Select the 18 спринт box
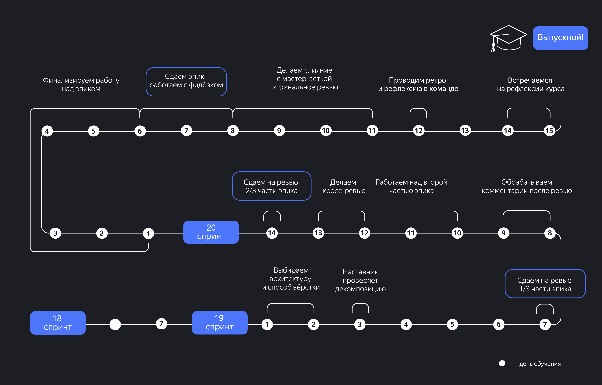[x=58, y=323]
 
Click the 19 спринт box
[x=220, y=322]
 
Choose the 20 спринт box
[x=211, y=232]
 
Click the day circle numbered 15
[x=549, y=131]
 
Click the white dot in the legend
[x=502, y=363]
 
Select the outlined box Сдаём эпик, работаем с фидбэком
[x=186, y=82]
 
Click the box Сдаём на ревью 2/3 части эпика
[x=272, y=186]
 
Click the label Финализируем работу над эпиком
[x=81, y=84]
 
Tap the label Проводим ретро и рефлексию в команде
[x=418, y=84]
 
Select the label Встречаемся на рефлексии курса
[x=530, y=84]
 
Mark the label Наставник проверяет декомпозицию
[x=360, y=280]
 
